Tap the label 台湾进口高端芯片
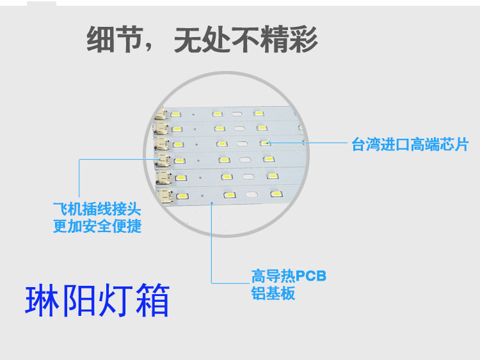click(x=410, y=145)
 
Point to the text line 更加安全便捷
click(x=97, y=226)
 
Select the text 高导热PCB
click(x=289, y=276)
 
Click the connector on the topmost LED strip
click(x=159, y=115)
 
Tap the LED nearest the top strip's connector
click(x=175, y=114)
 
